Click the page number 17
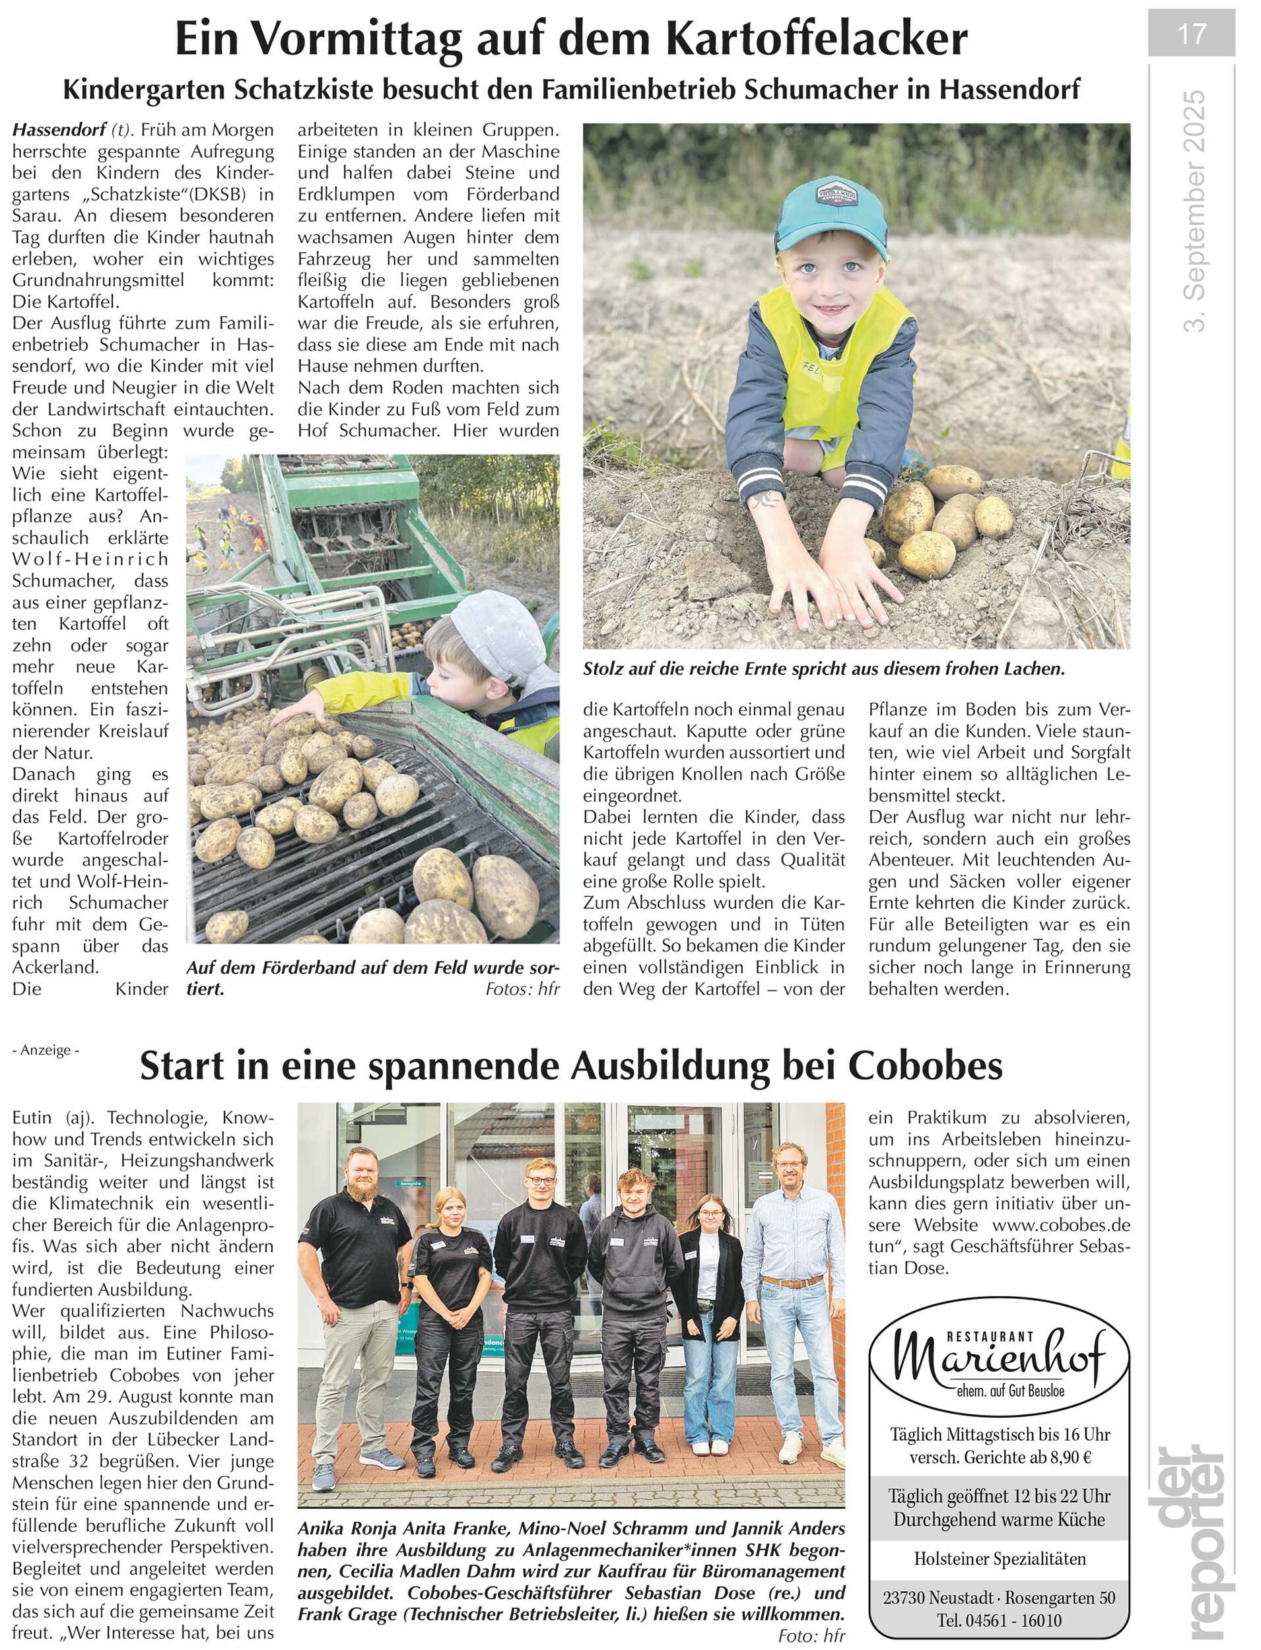[x=1191, y=34]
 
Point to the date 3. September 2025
[x=1194, y=212]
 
